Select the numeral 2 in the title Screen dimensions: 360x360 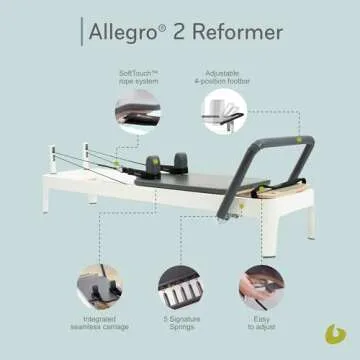point(178,33)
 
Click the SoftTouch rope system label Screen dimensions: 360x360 point(135,77)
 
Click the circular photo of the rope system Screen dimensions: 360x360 point(136,111)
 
